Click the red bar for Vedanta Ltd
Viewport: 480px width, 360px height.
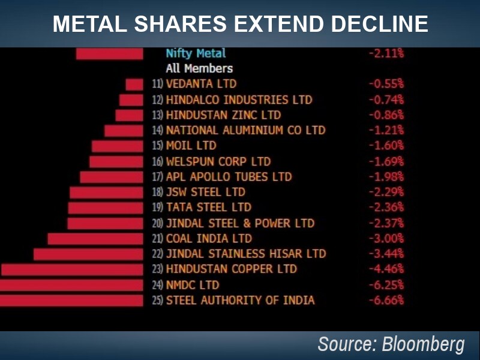pos(134,84)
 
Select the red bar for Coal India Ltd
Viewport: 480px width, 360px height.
pos(95,239)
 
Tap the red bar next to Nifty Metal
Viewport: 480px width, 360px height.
pos(110,53)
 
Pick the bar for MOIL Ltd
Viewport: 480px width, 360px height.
pos(118,146)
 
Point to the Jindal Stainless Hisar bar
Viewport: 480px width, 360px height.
pos(88,254)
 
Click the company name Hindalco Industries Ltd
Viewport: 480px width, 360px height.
pos(239,100)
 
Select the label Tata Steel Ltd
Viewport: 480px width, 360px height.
pos(208,208)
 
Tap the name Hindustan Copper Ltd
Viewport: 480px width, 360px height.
pos(231,269)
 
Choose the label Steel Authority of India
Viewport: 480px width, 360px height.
pos(240,300)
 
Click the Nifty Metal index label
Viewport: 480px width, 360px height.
pos(196,53)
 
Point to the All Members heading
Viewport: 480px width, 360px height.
pos(199,68)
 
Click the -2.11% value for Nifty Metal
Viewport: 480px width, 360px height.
pos(386,53)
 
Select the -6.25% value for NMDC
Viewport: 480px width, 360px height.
pos(386,285)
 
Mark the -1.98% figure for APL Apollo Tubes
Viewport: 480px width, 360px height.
pos(386,177)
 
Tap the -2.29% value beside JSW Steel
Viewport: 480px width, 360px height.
pos(386,193)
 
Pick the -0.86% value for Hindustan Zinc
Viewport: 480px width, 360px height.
pos(386,115)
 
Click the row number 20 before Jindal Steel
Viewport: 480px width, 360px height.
pos(157,223)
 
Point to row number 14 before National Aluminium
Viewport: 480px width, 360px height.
pos(157,130)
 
